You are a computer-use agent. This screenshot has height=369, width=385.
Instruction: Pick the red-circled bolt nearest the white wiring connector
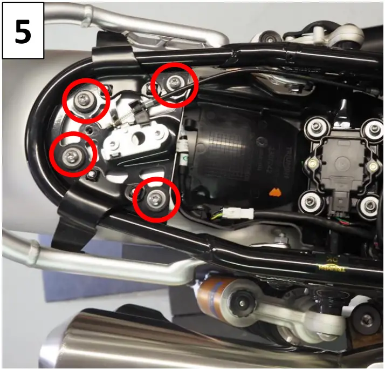pyautogui.click(x=156, y=199)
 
